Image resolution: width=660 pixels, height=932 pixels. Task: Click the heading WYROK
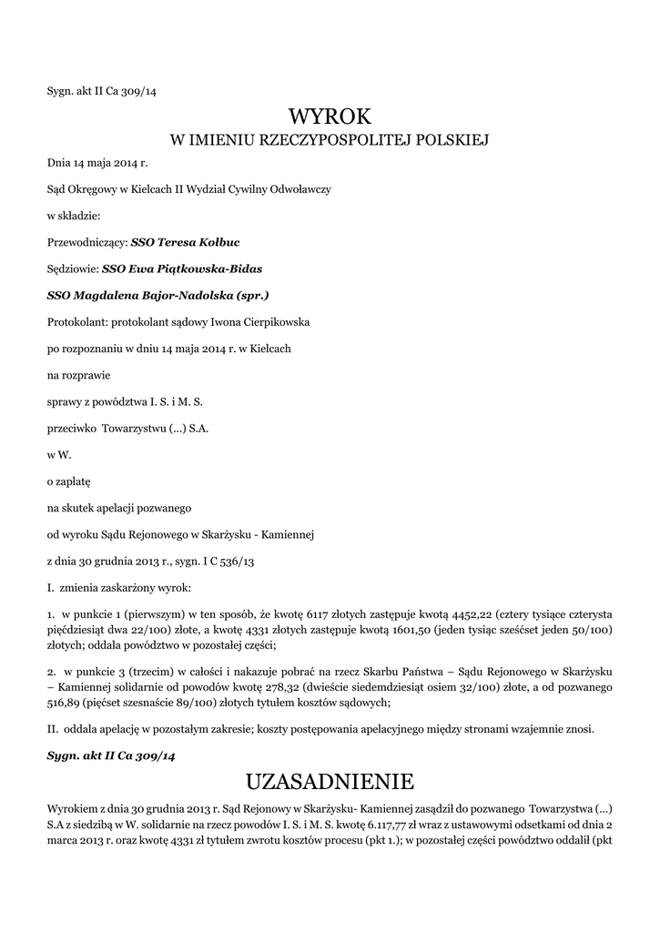pyautogui.click(x=330, y=116)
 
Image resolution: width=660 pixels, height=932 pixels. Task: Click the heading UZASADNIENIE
pyautogui.click(x=330, y=781)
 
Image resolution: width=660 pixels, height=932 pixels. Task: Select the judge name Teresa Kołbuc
pyautogui.click(x=186, y=243)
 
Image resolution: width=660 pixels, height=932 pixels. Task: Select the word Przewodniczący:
pyautogui.click(x=87, y=243)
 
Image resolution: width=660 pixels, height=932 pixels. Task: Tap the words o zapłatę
pyautogui.click(x=64, y=481)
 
